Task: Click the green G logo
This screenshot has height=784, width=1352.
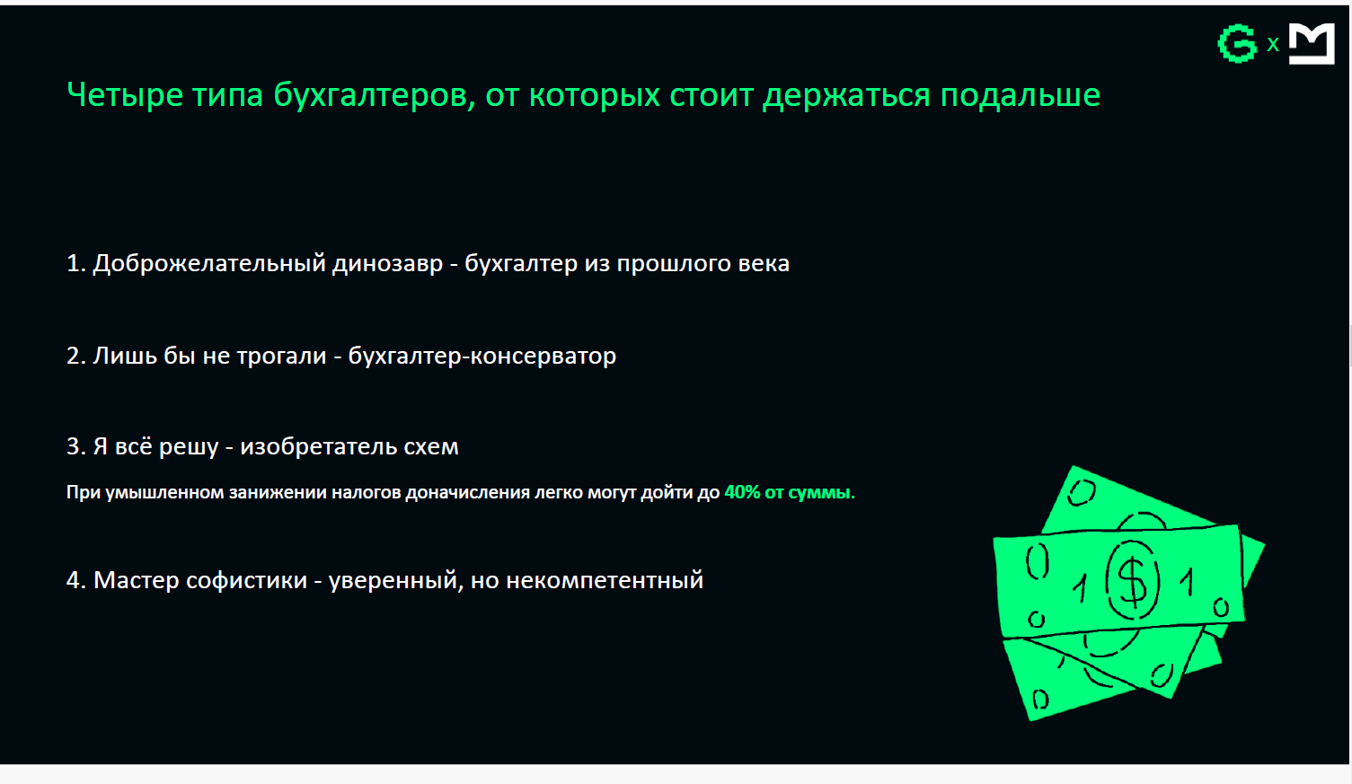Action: (x=1237, y=43)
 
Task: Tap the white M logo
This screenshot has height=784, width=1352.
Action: (x=1312, y=43)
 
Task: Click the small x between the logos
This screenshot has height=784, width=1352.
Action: (x=1273, y=44)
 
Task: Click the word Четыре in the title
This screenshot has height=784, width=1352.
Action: (x=125, y=95)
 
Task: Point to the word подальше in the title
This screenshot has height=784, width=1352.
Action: (x=1020, y=95)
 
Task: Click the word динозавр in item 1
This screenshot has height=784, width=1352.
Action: (x=388, y=264)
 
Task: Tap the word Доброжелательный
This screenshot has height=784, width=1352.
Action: (x=209, y=264)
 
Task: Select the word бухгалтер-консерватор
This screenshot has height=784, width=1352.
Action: (x=482, y=356)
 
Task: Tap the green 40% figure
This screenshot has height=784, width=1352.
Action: (x=742, y=492)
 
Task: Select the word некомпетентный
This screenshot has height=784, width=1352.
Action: (x=605, y=581)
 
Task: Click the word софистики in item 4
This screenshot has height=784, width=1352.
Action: (x=246, y=580)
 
